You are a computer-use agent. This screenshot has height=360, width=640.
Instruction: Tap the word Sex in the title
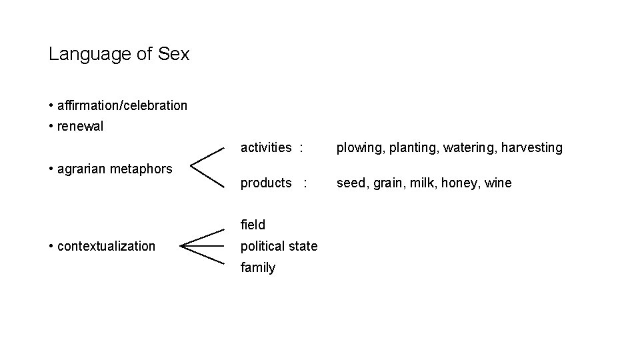(174, 54)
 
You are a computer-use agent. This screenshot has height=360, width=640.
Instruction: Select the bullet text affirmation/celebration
(123, 105)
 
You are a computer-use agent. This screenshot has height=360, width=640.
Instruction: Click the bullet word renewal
(81, 127)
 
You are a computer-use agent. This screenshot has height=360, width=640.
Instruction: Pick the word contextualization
(107, 246)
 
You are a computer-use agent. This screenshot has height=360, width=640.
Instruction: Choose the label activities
(266, 147)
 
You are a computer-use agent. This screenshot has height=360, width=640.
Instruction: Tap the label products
(266, 183)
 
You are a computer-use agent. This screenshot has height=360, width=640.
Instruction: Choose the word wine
(499, 183)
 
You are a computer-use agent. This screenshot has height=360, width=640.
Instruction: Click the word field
(253, 225)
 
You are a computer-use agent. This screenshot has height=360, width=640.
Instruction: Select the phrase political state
(279, 246)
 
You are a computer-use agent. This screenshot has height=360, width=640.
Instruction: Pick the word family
(258, 267)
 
